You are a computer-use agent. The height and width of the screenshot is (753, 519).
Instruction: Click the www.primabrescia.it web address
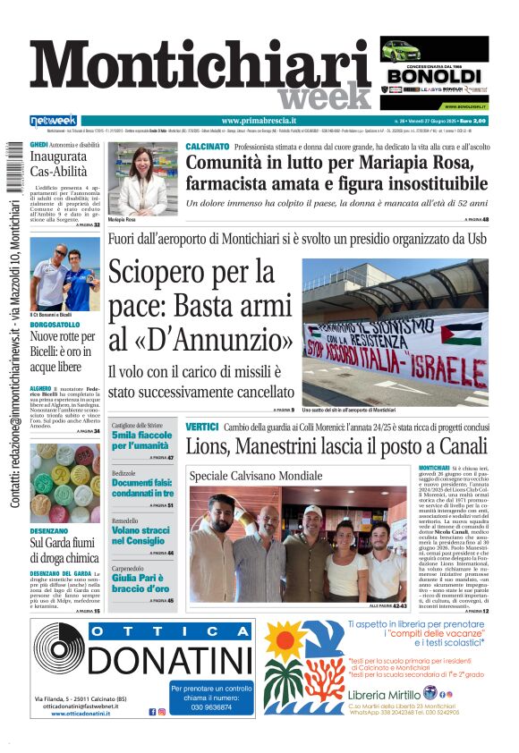click(x=259, y=121)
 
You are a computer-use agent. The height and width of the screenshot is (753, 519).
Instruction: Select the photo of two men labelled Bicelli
click(x=65, y=272)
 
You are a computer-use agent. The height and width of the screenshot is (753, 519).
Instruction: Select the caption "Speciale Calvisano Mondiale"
click(x=255, y=475)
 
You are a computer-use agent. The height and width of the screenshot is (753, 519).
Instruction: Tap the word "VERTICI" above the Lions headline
click(x=201, y=427)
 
